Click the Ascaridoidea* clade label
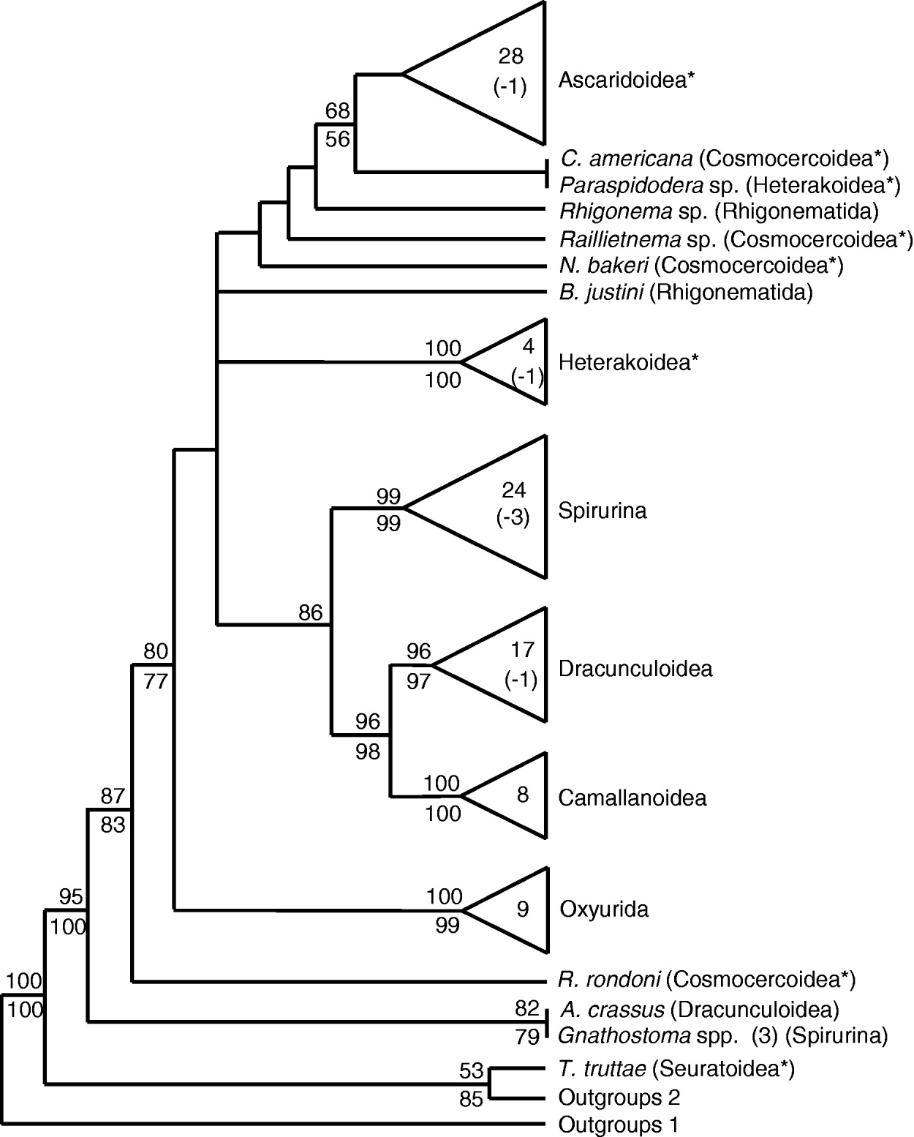coord(626,80)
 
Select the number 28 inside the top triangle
coord(510,56)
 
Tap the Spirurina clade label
coord(603,510)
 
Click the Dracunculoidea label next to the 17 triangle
coord(635,669)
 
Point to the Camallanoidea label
coord(632,797)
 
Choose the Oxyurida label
coord(604,909)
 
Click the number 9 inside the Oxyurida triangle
coord(522,909)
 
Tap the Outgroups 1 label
coord(619,1125)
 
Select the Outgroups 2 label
coord(619,1097)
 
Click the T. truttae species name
coord(603,1069)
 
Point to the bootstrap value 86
coord(311,612)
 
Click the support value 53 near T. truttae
coord(472,1071)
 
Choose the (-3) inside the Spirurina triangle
coord(512,517)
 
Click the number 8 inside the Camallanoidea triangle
coord(522,795)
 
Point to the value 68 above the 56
coord(338,111)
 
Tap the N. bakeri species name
coord(600,266)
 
